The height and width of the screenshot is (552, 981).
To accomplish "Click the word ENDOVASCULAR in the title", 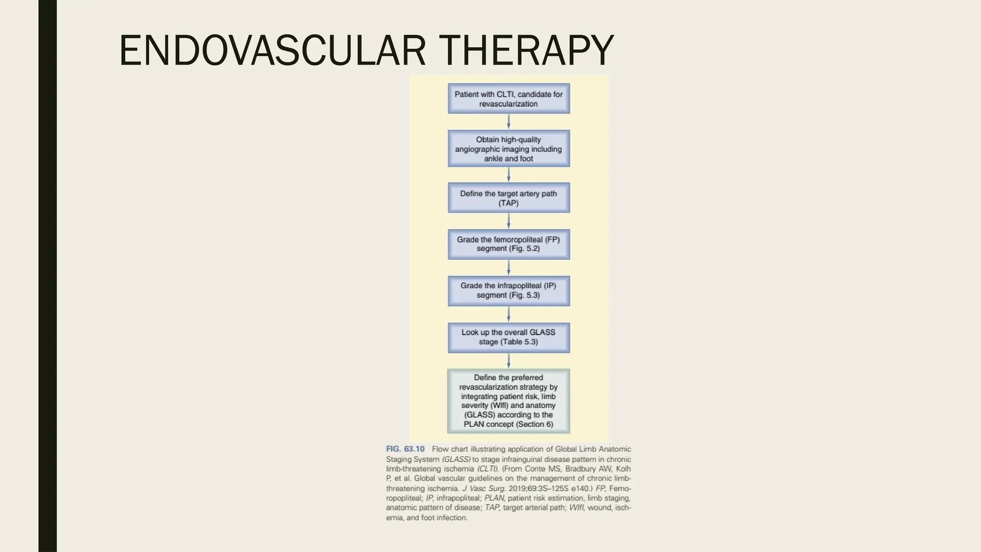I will pyautogui.click(x=272, y=51).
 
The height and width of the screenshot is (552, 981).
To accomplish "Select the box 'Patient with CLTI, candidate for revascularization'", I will pyautogui.click(x=509, y=99).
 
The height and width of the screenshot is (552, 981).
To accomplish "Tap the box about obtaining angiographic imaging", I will pyautogui.click(x=509, y=149).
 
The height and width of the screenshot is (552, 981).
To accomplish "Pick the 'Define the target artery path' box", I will pyautogui.click(x=509, y=198).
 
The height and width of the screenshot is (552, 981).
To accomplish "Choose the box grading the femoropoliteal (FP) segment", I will pyautogui.click(x=509, y=244).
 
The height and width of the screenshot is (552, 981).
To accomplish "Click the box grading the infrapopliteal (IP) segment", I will pyautogui.click(x=509, y=290).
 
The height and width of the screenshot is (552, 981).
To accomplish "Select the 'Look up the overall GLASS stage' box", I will pyautogui.click(x=509, y=337).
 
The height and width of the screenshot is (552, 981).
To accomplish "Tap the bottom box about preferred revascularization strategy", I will pyautogui.click(x=509, y=401).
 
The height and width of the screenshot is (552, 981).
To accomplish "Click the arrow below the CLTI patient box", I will pyautogui.click(x=509, y=122).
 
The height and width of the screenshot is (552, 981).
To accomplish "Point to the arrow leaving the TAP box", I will pyautogui.click(x=509, y=221).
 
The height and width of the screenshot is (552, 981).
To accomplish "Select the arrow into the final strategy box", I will pyautogui.click(x=509, y=361).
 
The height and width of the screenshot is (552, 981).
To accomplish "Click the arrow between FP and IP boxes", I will pyautogui.click(x=509, y=267).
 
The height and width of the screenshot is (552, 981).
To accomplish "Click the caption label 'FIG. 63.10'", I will pyautogui.click(x=405, y=449).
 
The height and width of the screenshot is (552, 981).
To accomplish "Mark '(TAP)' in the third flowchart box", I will pyautogui.click(x=508, y=203).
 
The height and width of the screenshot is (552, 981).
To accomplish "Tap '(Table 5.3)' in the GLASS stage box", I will pyautogui.click(x=519, y=342).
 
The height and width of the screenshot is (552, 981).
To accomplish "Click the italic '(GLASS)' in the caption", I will pyautogui.click(x=456, y=460).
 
